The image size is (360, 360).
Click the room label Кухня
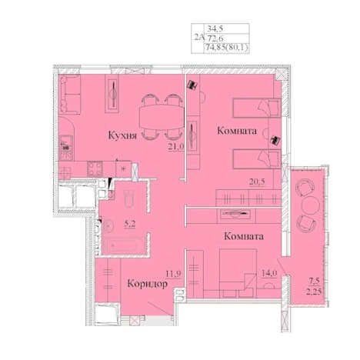point(122,135)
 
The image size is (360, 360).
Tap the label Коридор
point(148,284)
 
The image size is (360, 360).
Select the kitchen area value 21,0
point(176,147)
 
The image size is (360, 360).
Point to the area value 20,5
point(257,182)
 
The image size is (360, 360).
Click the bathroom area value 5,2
point(130,224)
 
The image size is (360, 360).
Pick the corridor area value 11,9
point(174,274)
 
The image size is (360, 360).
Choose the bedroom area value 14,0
point(269,273)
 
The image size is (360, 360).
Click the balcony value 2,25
point(314,292)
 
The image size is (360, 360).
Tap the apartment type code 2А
point(199,38)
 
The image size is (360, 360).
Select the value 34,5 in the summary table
point(215,28)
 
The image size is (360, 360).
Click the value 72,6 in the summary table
point(215,38)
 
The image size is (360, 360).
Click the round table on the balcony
point(311,205)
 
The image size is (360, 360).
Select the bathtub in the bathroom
point(122,245)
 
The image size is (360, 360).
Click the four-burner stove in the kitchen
point(95,168)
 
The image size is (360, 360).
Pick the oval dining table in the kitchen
point(162,118)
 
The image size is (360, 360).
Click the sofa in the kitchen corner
point(69,95)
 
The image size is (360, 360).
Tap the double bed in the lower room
point(238,273)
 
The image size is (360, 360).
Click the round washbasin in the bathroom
point(108,226)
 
